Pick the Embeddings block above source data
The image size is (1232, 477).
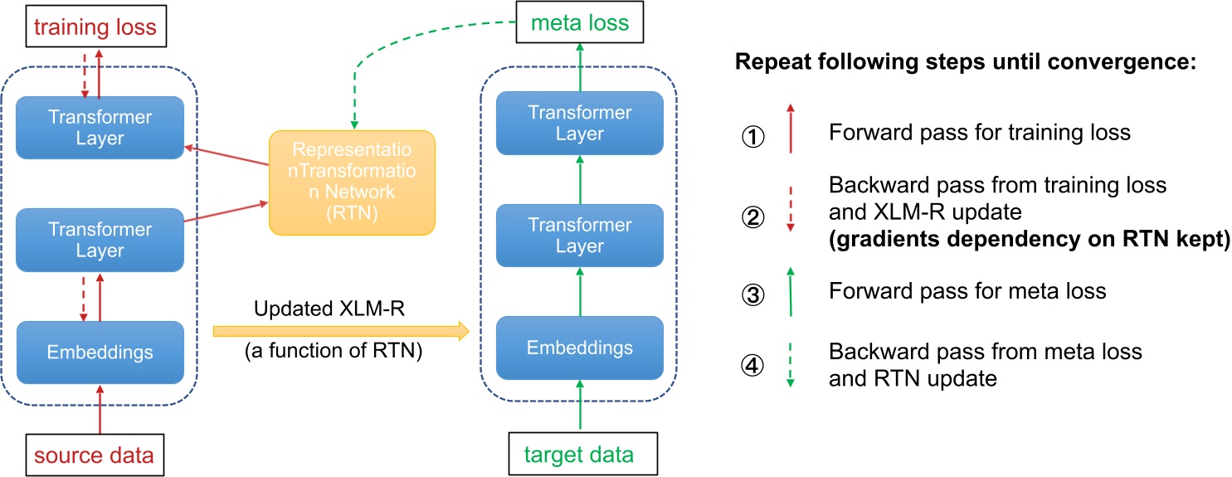click(100, 352)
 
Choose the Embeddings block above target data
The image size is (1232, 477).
click(579, 347)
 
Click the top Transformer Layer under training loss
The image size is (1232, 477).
click(100, 127)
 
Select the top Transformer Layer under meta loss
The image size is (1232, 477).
click(579, 123)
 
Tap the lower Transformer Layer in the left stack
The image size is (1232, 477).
click(100, 240)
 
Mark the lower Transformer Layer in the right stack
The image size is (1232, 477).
click(579, 235)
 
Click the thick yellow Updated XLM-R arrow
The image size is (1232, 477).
click(341, 331)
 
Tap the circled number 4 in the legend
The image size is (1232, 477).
click(752, 365)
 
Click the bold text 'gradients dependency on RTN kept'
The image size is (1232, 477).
click(1029, 241)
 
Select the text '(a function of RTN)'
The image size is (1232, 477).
click(334, 352)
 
